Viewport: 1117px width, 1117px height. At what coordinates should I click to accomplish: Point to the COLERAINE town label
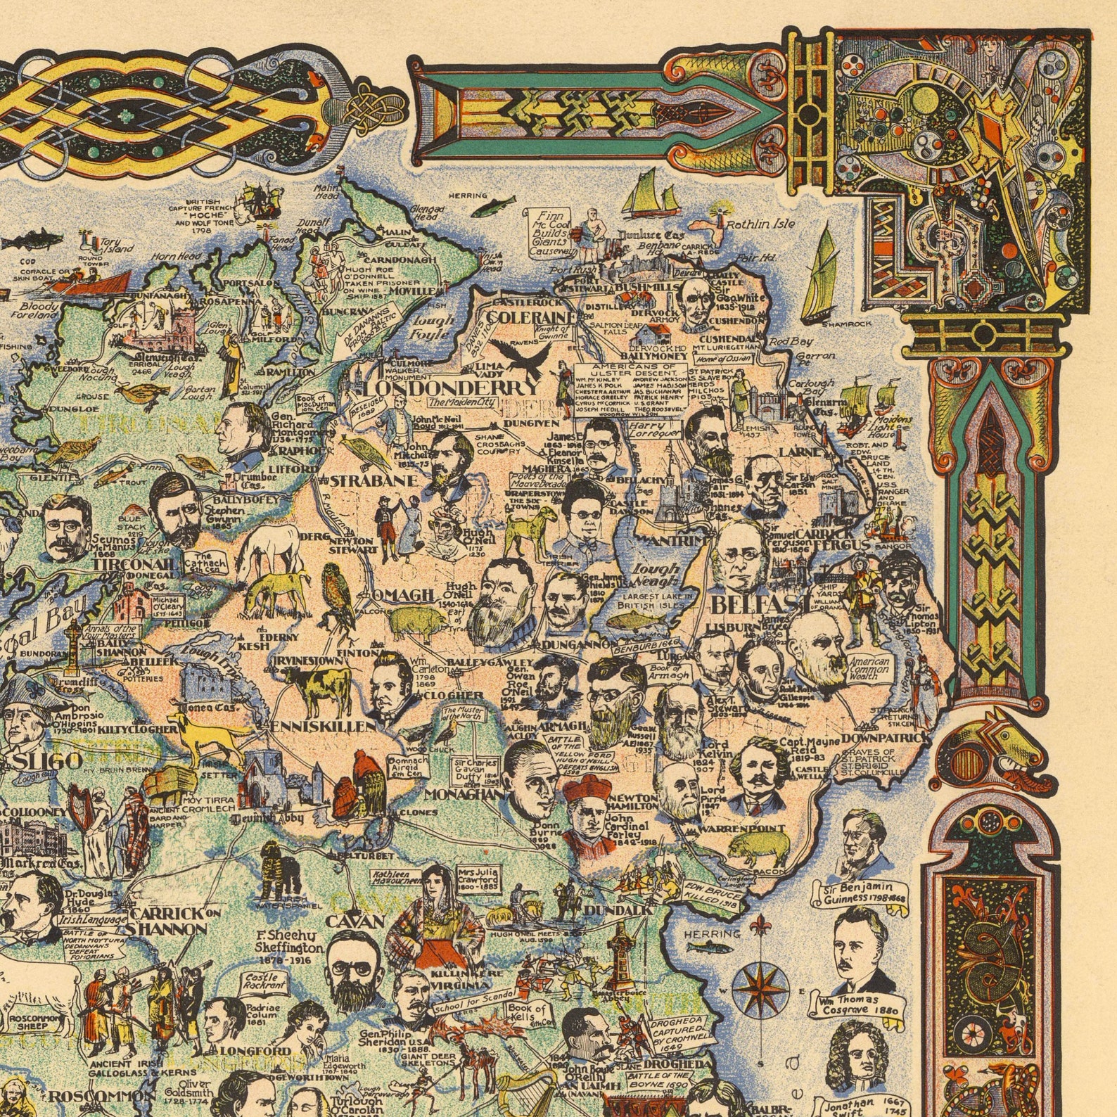coord(530,318)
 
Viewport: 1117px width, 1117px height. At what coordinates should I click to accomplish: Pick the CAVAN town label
coord(355,921)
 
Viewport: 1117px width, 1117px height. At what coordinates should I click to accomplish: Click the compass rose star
coord(759,987)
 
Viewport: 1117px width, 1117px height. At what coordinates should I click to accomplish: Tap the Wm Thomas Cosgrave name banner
coord(858,1004)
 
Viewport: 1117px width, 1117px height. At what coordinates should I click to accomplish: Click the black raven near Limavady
coord(522,354)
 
